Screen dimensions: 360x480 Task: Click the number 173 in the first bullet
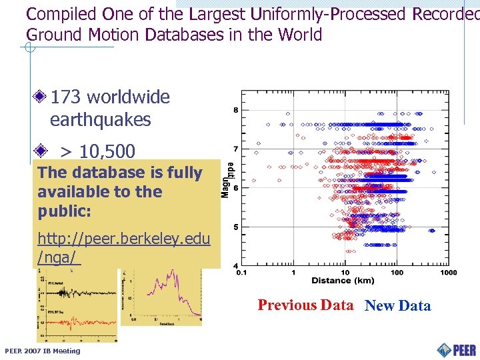(x=66, y=97)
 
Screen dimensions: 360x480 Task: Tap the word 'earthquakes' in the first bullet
(x=100, y=121)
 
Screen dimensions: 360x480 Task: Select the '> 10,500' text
(x=97, y=151)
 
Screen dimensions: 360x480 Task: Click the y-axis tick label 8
(x=235, y=110)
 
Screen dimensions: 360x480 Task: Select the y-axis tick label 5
(x=235, y=227)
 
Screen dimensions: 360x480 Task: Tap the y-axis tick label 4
(x=235, y=266)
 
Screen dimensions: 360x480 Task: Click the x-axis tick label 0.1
(x=241, y=273)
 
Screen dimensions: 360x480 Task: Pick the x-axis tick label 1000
(x=448, y=273)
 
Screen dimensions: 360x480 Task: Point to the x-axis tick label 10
(x=345, y=273)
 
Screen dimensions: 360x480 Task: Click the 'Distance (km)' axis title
(x=343, y=281)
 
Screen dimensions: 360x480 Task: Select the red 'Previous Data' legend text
(x=305, y=305)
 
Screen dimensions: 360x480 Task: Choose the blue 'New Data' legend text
(x=398, y=306)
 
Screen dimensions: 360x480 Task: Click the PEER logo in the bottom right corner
(x=457, y=349)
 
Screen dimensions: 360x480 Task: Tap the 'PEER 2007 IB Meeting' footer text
(x=42, y=351)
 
